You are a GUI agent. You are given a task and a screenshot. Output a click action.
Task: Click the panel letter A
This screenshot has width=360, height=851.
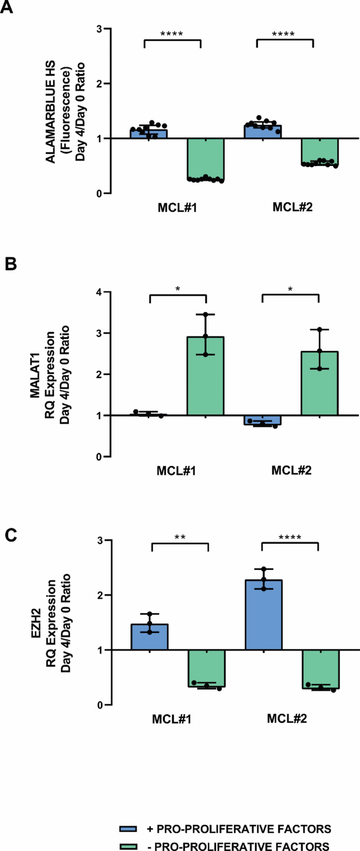7,9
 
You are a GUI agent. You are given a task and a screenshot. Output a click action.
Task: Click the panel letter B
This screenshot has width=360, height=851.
11,263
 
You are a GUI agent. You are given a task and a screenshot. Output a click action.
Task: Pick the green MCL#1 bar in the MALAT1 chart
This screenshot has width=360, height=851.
205,376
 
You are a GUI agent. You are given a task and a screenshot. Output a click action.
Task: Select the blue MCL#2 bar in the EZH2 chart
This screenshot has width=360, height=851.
263,615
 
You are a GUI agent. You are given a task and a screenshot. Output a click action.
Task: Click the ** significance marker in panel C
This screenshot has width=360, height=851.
179,537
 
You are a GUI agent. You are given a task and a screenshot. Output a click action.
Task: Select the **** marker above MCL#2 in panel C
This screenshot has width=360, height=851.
290,537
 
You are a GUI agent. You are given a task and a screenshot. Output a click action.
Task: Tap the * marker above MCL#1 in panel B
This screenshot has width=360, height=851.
178,288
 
